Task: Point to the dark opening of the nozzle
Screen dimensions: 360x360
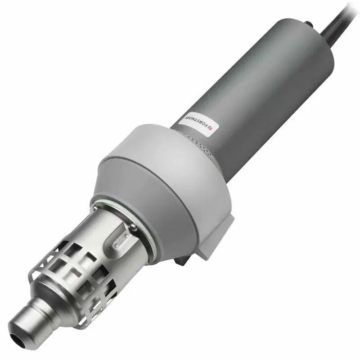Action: [x=18, y=340]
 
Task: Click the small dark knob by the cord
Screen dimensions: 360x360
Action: [x=308, y=23]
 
